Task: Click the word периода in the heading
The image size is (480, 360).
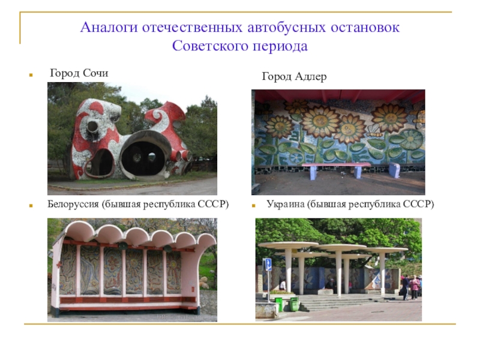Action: (x=278, y=46)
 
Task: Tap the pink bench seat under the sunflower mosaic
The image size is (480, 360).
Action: (x=336, y=164)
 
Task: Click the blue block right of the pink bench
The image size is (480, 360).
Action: (x=394, y=170)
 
